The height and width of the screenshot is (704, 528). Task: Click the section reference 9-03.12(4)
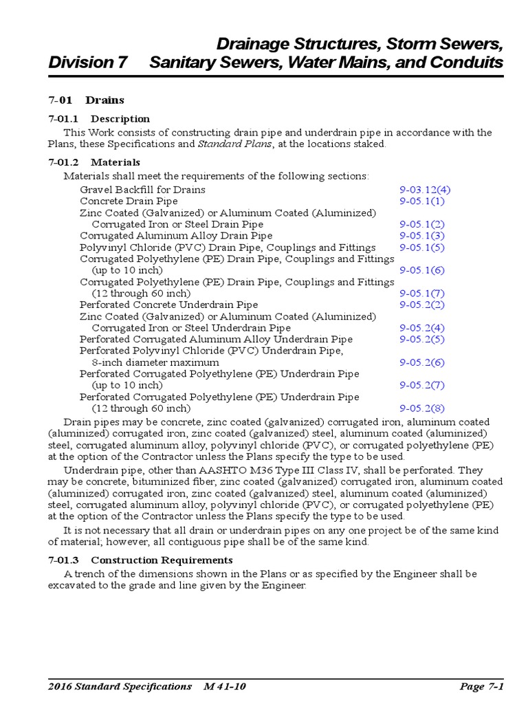425,190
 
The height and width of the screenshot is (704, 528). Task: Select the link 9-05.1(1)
422,201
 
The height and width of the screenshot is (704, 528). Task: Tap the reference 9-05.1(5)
422,247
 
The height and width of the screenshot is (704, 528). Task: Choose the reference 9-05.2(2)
422,305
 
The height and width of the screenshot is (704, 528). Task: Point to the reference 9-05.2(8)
422,408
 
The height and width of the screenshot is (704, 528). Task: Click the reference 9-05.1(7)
422,294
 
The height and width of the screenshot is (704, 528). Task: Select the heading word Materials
115,162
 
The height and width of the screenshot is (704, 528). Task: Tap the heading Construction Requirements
162,560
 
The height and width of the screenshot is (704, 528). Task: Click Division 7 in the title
88,63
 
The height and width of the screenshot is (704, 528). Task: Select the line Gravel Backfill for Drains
142,190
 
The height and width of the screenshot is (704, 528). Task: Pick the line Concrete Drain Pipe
129,201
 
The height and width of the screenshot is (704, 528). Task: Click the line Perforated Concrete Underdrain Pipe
169,305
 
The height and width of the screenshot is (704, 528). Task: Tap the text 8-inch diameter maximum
155,362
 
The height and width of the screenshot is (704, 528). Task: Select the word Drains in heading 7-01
104,100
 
